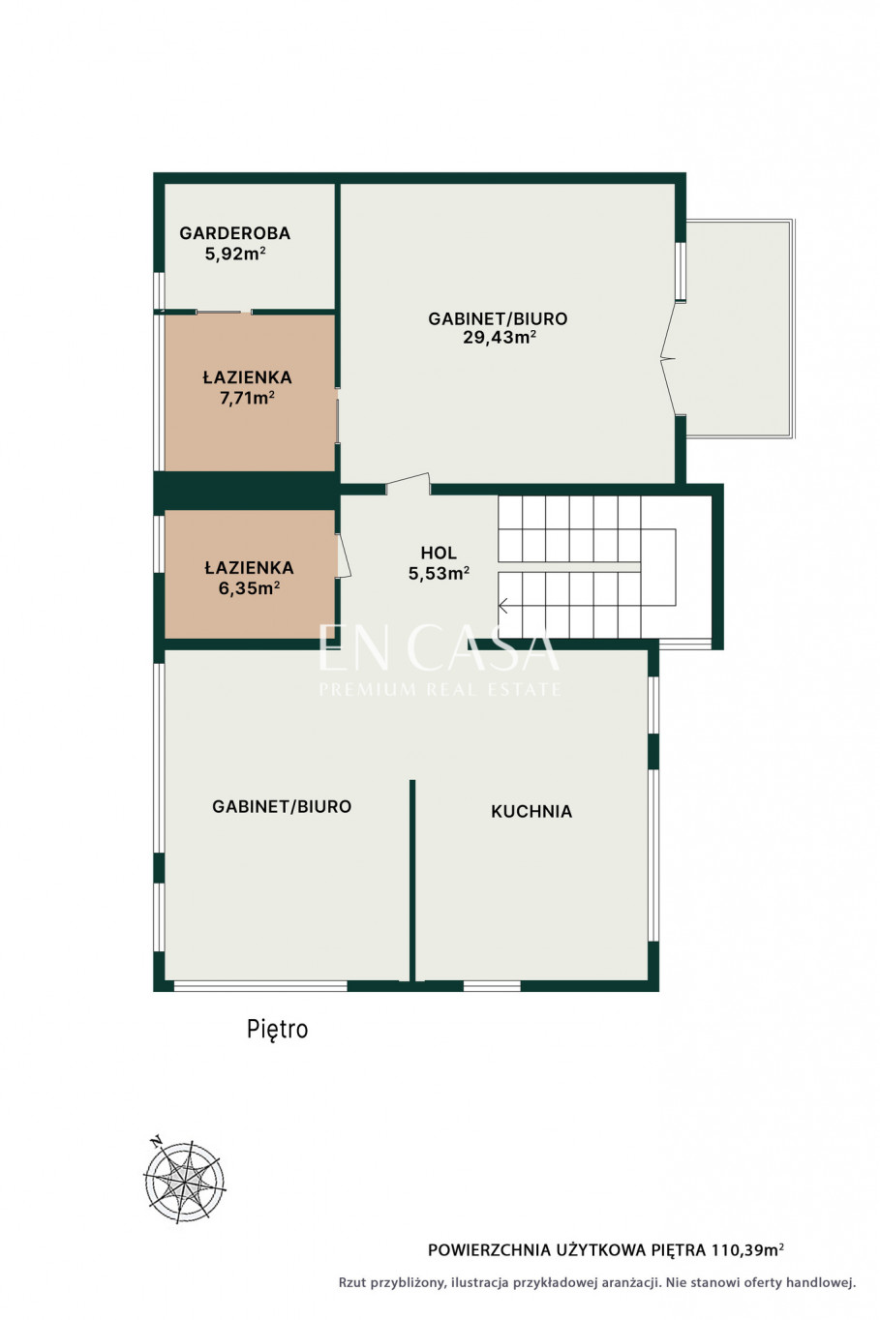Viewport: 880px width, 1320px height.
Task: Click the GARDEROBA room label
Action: pos(234,233)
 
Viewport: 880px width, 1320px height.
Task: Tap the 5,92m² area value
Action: pos(234,254)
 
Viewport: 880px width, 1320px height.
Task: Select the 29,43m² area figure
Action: pos(499,338)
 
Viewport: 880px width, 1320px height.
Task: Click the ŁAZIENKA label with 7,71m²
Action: pos(247,377)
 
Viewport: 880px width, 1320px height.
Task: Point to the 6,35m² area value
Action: pos(249,588)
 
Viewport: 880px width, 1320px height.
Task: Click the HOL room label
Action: pos(439,553)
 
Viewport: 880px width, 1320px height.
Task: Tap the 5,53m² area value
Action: pos(439,573)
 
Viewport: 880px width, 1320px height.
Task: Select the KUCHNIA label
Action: pos(531,811)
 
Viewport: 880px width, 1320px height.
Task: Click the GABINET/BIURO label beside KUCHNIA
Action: pos(282,806)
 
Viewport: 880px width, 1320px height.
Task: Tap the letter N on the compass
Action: pos(156,1141)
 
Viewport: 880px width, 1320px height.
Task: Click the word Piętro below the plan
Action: pos(277,1029)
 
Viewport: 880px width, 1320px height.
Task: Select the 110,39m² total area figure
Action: pos(748,1250)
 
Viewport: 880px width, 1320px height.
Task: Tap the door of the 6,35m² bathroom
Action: pos(344,555)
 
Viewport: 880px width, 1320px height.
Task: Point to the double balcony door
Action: pos(668,358)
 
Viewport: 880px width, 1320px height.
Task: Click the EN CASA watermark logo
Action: pos(440,660)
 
